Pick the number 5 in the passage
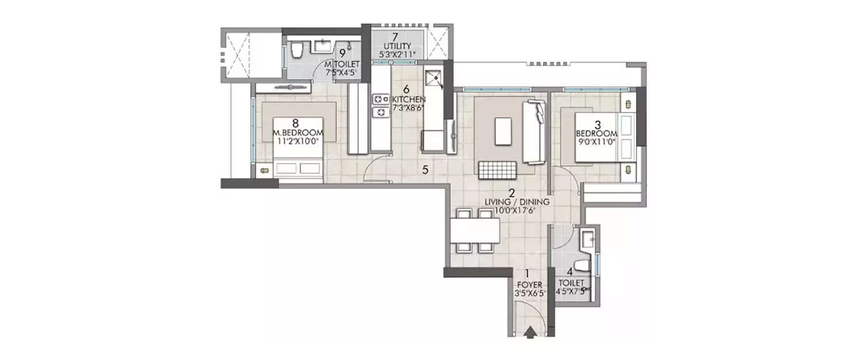tap(425, 170)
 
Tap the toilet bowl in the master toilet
tap(296, 52)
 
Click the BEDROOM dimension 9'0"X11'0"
tap(597, 141)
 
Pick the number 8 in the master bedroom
tap(295, 122)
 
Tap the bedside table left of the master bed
tap(264, 170)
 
